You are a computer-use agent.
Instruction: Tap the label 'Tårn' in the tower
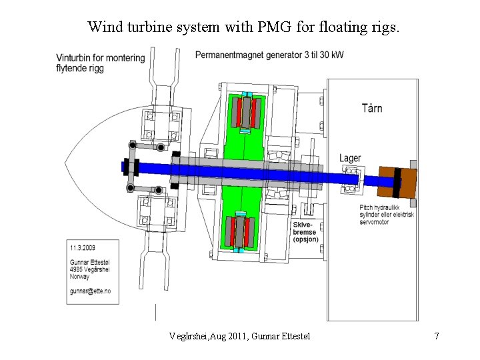point(372,108)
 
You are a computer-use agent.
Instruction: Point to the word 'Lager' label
point(350,158)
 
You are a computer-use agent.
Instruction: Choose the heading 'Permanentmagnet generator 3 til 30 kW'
point(269,55)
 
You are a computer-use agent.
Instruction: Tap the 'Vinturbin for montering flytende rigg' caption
point(100,63)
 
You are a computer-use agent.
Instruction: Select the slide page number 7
point(436,336)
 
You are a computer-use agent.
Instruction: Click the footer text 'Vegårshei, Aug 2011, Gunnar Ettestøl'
point(240,336)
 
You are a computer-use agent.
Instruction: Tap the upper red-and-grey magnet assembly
point(249,112)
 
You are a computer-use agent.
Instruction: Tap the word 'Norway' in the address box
point(81,277)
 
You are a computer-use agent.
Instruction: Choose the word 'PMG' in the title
point(278,27)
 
